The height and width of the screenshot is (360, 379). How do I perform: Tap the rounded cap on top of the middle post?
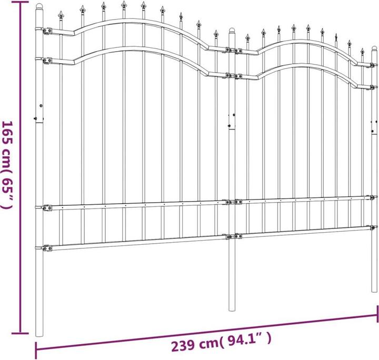(x=232, y=31)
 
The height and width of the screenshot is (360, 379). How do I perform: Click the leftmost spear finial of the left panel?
(x=62, y=16)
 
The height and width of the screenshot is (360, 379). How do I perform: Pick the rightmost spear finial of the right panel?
(x=362, y=53)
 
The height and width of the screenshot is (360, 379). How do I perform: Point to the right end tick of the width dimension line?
(x=377, y=316)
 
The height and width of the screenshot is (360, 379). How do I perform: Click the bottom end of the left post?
(x=39, y=334)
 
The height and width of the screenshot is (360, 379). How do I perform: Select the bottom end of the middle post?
(x=232, y=311)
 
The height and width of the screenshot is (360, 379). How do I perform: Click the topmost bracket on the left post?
(x=46, y=31)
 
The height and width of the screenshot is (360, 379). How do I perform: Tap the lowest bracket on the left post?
(x=46, y=247)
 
